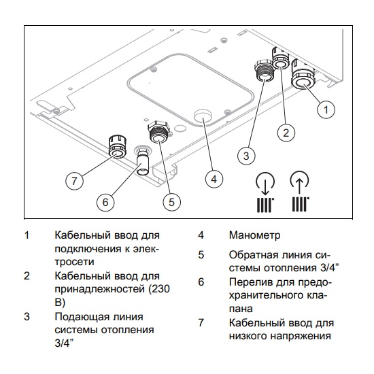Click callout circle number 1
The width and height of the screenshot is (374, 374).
point(326,108)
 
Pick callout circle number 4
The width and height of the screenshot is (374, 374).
point(214,179)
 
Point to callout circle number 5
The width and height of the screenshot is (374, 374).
point(171,201)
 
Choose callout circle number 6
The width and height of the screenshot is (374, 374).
point(105,201)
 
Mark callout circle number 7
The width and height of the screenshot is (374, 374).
point(75,180)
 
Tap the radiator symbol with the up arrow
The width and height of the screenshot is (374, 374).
point(300,194)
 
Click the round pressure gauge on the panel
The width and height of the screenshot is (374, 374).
point(202,118)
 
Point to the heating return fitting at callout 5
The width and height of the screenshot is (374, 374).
point(158,135)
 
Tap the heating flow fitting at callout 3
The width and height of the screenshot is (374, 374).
point(262,70)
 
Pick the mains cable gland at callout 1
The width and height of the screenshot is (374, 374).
point(302,79)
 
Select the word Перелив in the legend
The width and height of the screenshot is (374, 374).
point(251,282)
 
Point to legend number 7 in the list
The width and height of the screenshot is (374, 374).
point(202,322)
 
